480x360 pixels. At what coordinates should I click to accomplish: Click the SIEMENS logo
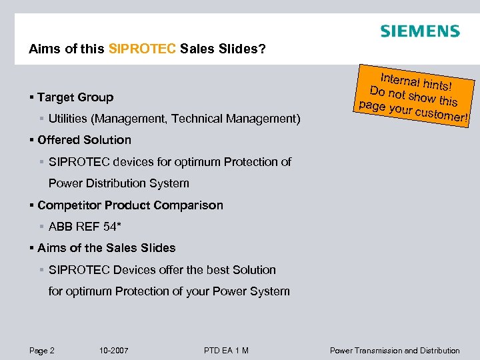(x=419, y=31)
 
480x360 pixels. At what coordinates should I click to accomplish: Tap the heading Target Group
(x=75, y=97)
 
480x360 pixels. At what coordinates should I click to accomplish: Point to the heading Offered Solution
(x=84, y=140)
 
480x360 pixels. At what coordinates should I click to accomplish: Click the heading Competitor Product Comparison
(x=130, y=205)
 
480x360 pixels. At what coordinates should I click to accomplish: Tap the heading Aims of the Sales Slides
(x=107, y=248)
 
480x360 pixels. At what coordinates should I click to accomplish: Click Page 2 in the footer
(x=41, y=351)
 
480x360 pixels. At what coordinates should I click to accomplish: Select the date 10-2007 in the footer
(x=113, y=351)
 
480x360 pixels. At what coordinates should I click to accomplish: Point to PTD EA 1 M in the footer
(x=226, y=351)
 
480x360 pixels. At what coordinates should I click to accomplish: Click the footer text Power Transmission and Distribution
(x=395, y=351)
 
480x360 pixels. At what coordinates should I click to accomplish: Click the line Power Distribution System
(x=119, y=183)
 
